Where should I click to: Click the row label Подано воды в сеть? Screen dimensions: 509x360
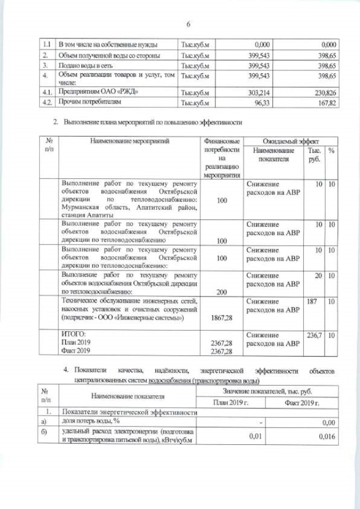84,66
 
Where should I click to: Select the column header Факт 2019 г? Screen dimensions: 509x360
302,402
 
